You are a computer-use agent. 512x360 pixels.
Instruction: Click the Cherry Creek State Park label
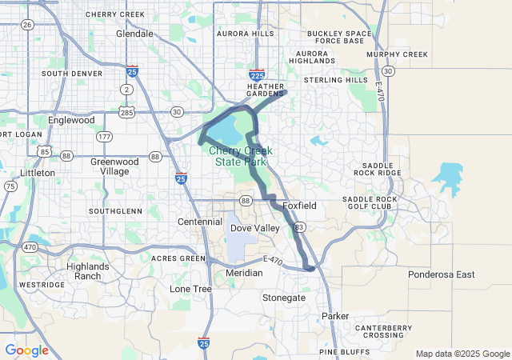[241, 156]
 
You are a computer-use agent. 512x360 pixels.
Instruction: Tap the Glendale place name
[134, 34]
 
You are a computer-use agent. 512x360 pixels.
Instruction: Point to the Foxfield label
[300, 206]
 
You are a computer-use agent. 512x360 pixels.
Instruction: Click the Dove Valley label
[255, 228]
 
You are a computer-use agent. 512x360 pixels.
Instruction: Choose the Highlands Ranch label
[88, 271]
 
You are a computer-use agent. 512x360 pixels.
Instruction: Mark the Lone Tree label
[190, 288]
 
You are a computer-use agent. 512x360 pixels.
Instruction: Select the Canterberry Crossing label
[384, 331]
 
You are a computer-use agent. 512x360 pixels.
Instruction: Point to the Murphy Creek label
[397, 54]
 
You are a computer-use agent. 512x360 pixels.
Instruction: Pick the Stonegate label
[284, 298]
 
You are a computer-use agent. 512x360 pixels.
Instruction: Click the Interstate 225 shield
[258, 73]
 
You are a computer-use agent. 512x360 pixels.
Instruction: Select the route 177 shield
[104, 138]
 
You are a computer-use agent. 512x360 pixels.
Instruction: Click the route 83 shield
[298, 228]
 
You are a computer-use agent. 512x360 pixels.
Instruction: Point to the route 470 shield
[30, 247]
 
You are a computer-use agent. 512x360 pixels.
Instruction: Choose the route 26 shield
[27, 25]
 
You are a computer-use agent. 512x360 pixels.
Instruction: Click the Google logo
[26, 350]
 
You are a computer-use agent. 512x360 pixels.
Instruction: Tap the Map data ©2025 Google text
[462, 354]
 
